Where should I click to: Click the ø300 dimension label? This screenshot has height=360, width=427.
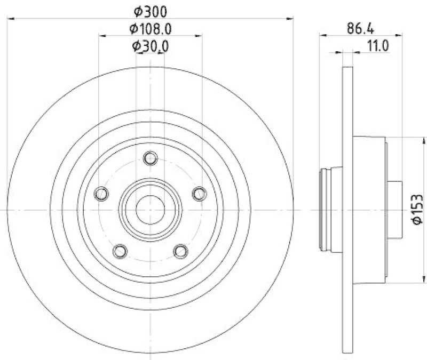coord(151,10)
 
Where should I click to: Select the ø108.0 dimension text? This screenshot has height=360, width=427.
coord(151,28)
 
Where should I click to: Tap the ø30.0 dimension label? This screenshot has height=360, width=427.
coord(151,46)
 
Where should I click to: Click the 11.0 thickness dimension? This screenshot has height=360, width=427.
coord(377,46)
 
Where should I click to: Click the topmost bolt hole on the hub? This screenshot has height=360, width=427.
coord(151,158)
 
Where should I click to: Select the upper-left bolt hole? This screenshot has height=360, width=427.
coord(101,193)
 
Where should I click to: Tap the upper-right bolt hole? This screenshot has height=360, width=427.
coord(199,193)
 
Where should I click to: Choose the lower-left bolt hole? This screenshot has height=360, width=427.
coord(121,250)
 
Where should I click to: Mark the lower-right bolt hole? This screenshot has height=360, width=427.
coord(181,250)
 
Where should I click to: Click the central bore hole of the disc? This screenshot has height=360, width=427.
coord(151,210)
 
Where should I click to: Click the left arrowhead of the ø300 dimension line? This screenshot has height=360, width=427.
coord(11,18)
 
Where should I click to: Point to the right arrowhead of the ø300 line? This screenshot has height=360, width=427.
coord(290,18)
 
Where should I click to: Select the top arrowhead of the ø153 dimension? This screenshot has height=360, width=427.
coord(425,140)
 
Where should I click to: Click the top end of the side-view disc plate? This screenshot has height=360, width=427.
coord(347,68)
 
